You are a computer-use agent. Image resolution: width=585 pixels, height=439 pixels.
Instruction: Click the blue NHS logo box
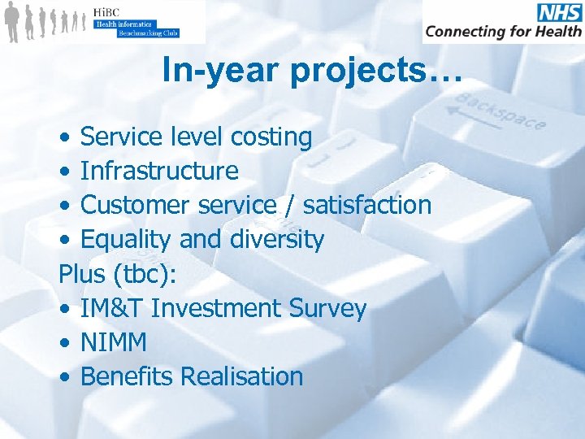point(559,12)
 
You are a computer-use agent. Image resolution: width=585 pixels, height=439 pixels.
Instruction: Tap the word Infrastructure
point(159,172)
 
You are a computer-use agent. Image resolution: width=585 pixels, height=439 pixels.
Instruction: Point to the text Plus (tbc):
point(118,274)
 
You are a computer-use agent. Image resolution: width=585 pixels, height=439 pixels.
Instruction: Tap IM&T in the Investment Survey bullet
point(111,308)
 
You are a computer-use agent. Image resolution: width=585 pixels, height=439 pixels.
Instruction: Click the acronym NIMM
point(114,342)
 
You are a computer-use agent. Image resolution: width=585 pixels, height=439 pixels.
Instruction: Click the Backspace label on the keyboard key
point(500,111)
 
